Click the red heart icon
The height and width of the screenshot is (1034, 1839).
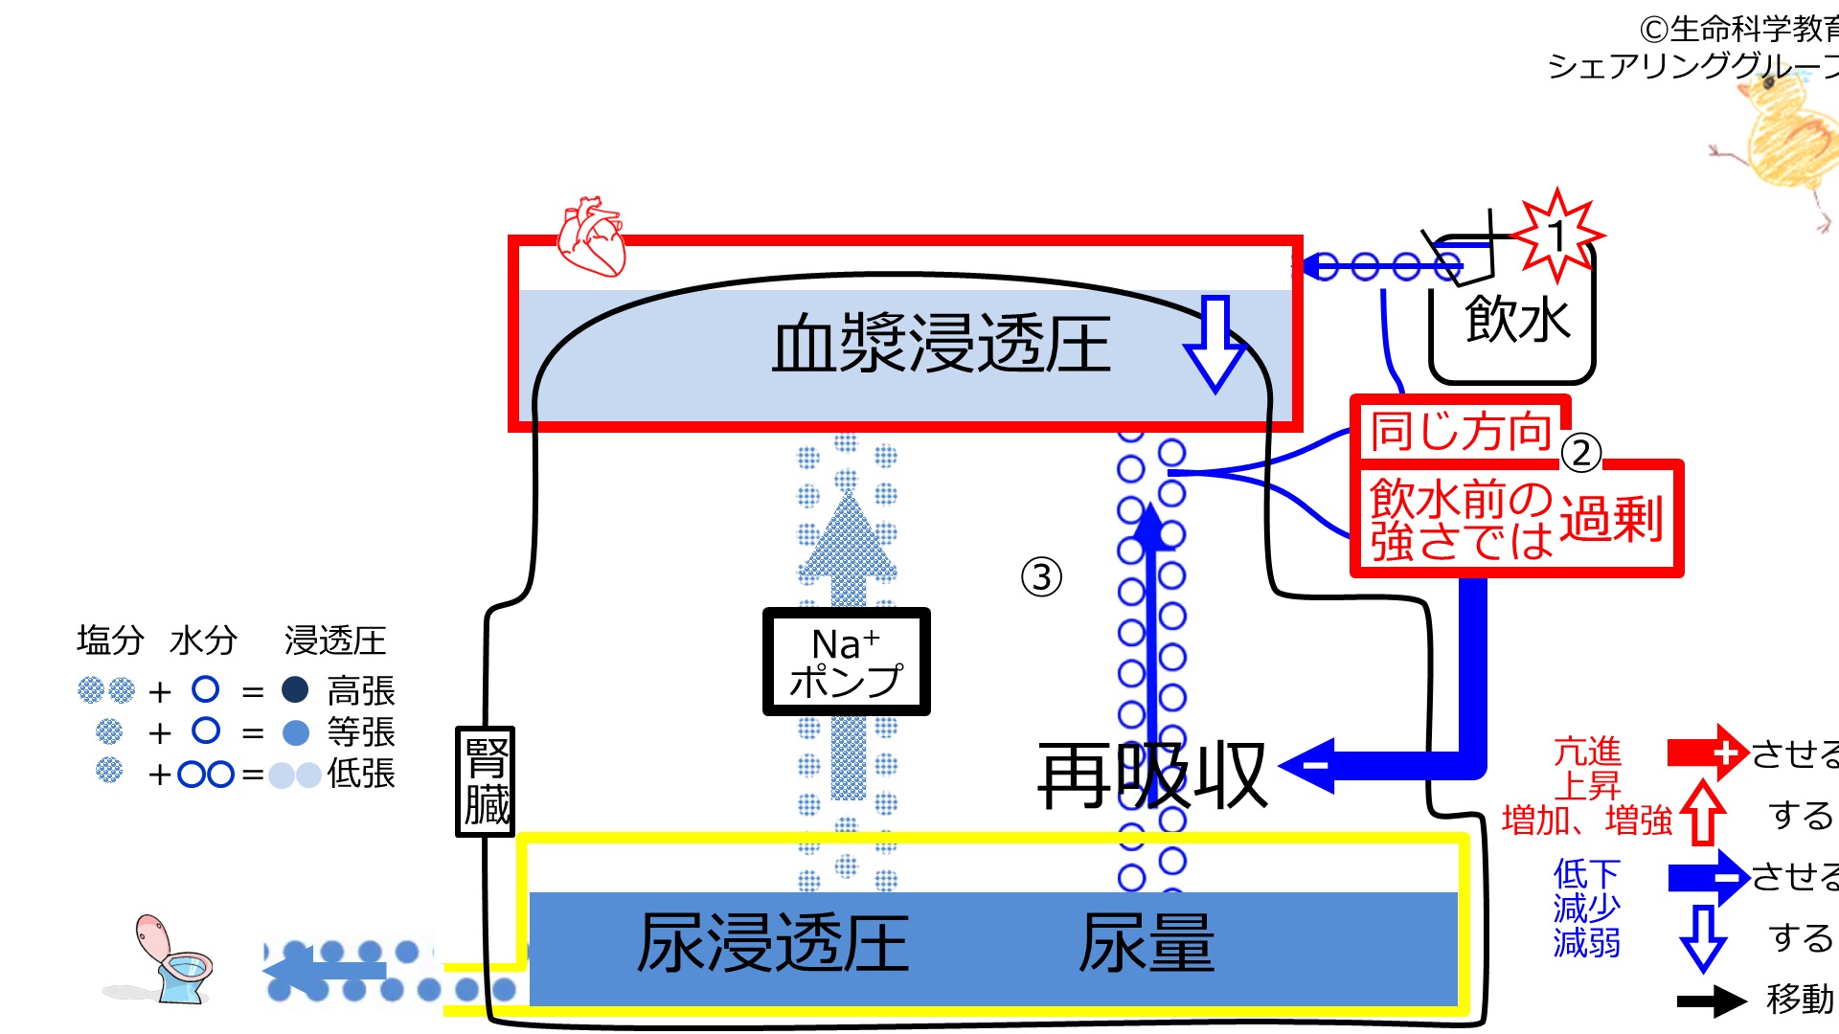[591, 236]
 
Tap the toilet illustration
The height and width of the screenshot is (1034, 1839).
[163, 960]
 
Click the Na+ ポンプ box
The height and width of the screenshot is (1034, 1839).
[847, 662]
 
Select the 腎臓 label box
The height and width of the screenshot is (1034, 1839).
[486, 781]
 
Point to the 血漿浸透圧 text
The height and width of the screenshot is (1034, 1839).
[942, 345]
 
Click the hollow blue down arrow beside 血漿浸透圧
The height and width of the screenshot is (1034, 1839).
[1215, 344]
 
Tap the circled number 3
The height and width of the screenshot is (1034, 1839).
[1041, 576]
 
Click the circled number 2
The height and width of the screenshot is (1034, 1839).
[1581, 453]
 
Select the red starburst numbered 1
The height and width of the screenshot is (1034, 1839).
[1556, 236]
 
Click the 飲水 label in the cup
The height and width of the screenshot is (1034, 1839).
[1518, 319]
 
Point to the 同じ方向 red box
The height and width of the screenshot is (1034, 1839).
[1461, 431]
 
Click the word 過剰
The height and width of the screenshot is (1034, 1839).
[1611, 520]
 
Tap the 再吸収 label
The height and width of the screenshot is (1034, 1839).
[1153, 776]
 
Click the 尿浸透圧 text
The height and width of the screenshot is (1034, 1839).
[773, 944]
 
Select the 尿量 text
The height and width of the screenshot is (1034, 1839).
[1147, 944]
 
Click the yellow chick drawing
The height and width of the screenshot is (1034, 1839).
[1782, 144]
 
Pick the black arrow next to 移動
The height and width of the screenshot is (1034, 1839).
[1712, 1001]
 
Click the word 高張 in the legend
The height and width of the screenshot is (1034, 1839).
[361, 691]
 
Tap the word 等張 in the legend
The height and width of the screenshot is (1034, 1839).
[361, 732]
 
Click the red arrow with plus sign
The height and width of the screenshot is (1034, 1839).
[1708, 753]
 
